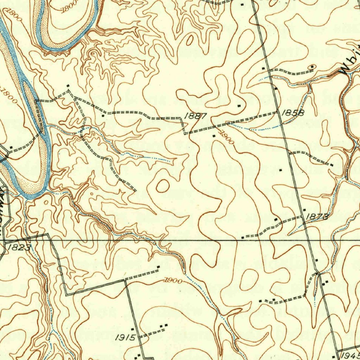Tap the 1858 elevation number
[x=292, y=112]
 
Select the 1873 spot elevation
[x=317, y=217]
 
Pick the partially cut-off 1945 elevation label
[x=350, y=355]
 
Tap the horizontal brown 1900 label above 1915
[x=173, y=281]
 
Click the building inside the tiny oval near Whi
[x=312, y=67]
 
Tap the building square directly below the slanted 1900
[x=214, y=135]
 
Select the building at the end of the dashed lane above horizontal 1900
[x=158, y=268]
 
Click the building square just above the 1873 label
[x=304, y=210]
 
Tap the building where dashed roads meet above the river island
[x=68, y=85]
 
